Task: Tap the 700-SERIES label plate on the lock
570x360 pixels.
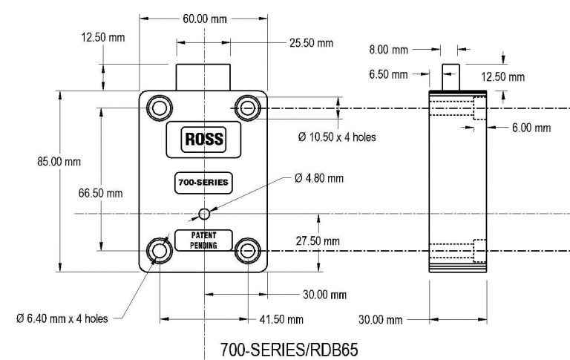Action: (203, 182)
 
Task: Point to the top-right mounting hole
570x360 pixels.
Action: (246, 108)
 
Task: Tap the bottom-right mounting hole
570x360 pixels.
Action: (246, 251)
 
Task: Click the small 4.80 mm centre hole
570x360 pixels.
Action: (203, 215)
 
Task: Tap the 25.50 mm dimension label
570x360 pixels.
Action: (311, 43)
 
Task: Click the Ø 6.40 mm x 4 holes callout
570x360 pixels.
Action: (62, 318)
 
